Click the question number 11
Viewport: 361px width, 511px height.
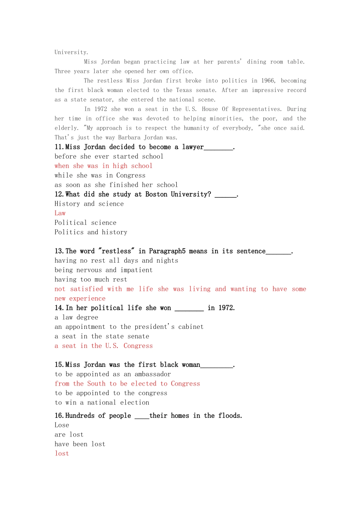(x=60, y=147)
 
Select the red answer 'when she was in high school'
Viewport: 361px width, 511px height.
(x=103, y=166)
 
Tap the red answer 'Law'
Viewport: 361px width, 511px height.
(x=60, y=213)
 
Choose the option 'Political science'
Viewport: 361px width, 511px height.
(x=85, y=223)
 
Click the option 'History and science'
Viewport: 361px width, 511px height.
(x=89, y=204)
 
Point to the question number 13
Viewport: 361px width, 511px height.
(x=60, y=251)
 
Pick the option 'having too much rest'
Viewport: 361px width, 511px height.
(x=91, y=279)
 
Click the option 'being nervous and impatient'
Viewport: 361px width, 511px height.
(x=103, y=270)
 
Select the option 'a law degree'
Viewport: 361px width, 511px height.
(x=76, y=317)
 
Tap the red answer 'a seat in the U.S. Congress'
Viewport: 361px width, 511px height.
(x=103, y=346)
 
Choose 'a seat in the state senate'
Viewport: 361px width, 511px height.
(x=102, y=336)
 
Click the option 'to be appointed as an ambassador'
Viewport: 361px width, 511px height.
(x=112, y=374)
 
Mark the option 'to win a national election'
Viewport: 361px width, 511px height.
(x=102, y=403)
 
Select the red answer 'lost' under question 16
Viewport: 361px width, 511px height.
(x=62, y=454)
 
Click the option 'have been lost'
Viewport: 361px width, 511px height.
(x=80, y=444)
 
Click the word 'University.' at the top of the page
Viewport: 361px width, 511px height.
(x=71, y=52)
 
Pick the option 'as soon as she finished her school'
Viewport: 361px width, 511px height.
(x=116, y=185)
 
